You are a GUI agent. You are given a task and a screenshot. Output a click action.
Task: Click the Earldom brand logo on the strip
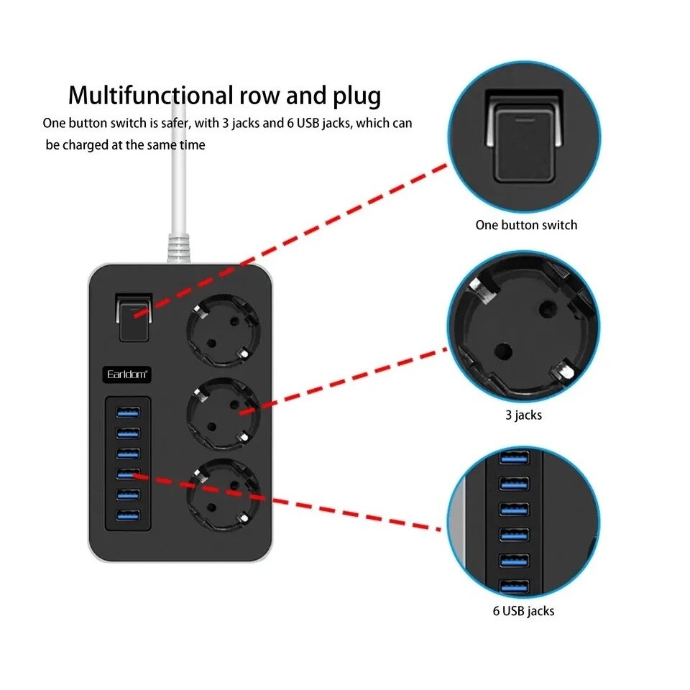(x=126, y=374)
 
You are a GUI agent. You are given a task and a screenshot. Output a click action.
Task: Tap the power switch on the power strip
(x=134, y=318)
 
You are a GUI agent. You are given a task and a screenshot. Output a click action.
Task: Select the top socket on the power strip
(x=224, y=330)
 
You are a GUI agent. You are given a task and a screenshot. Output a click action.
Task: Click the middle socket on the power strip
(x=224, y=414)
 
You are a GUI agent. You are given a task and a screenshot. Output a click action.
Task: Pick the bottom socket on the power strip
(x=224, y=495)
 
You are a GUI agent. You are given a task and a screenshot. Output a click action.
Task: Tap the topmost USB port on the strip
(x=128, y=413)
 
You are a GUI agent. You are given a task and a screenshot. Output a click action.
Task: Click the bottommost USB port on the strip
(x=128, y=515)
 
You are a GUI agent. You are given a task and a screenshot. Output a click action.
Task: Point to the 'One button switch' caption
(x=526, y=225)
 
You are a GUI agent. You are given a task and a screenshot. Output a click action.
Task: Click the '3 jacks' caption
(x=524, y=415)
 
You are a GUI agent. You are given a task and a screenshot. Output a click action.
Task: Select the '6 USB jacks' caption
(x=524, y=611)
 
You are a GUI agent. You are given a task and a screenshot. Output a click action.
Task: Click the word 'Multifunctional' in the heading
(x=151, y=95)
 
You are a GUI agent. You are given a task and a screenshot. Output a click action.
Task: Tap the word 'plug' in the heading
(x=357, y=96)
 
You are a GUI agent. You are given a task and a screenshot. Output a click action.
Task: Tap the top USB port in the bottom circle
(x=514, y=458)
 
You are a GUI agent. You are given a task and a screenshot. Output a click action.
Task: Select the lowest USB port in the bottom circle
(x=514, y=586)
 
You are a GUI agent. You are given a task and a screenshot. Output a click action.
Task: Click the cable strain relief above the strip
(x=179, y=249)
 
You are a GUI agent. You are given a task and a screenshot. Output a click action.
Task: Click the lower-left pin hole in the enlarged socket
(x=502, y=351)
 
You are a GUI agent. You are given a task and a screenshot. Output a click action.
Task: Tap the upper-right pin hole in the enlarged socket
(x=548, y=310)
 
